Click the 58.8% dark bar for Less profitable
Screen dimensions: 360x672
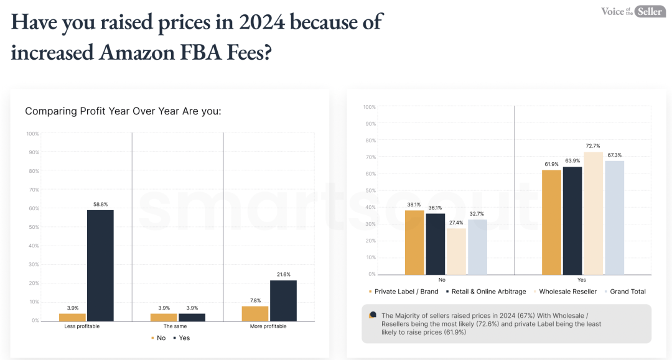(x=100, y=265)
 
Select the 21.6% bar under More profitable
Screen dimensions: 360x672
(x=283, y=300)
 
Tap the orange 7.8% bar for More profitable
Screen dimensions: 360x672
(x=256, y=313)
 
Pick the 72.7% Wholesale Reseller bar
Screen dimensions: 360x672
(x=593, y=213)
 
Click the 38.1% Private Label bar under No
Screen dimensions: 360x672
(x=414, y=242)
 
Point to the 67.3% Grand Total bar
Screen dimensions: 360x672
(x=614, y=217)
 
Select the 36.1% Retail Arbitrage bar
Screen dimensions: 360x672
(x=436, y=244)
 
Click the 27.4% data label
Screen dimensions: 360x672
(x=456, y=223)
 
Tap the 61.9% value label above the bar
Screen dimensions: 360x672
(x=551, y=164)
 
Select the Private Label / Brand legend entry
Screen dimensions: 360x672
(x=404, y=292)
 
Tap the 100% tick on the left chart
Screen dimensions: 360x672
(x=33, y=134)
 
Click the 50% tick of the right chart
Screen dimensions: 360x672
(x=370, y=191)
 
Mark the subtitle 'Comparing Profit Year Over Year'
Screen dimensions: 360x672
(x=123, y=111)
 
